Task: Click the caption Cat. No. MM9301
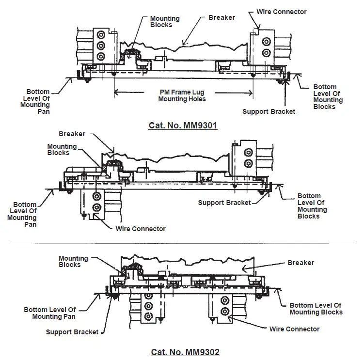182,125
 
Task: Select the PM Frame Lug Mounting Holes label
183,95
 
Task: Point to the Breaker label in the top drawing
222,17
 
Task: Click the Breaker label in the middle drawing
72,134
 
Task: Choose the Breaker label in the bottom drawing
301,263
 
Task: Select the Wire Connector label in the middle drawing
141,229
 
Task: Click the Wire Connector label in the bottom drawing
294,329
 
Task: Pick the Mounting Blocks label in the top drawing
164,22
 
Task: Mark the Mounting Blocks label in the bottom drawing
73,262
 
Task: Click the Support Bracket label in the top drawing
269,111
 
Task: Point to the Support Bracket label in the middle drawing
224,203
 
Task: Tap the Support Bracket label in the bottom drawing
72,332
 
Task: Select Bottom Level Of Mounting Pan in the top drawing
38,101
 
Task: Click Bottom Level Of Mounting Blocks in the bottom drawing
316,309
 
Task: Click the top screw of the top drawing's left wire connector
101,35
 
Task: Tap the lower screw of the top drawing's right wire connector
265,52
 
